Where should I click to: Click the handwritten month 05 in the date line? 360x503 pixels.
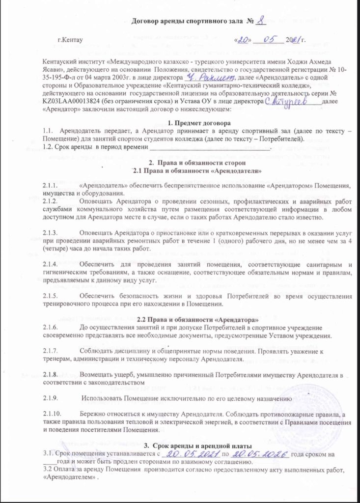pos(268,38)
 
